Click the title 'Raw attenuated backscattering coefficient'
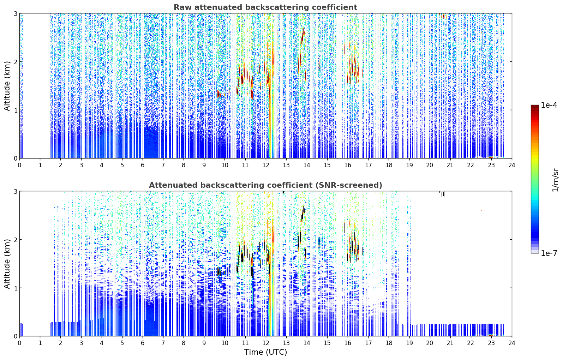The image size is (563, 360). (x=265, y=7)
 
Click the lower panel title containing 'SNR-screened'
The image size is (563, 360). (x=265, y=185)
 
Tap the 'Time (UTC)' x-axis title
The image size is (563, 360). (x=265, y=352)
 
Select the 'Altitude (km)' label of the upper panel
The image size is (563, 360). (x=7, y=86)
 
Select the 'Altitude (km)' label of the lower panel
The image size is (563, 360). (x=7, y=264)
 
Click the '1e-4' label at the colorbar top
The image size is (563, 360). (x=549, y=105)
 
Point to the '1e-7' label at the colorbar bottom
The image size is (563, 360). (x=549, y=253)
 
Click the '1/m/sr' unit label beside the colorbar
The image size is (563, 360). (x=555, y=180)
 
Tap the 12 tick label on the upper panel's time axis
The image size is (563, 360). (x=266, y=165)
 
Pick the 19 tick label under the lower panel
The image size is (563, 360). (x=409, y=343)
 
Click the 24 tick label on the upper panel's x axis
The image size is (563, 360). (x=512, y=165)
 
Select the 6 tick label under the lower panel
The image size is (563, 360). (x=143, y=343)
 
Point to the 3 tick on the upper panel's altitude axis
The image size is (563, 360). (x=16, y=13)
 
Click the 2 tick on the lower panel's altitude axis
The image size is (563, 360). (x=16, y=240)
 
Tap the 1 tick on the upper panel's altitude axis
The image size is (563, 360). (x=16, y=110)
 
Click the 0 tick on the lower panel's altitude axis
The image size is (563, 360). (x=16, y=336)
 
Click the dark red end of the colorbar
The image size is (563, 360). (x=535, y=107)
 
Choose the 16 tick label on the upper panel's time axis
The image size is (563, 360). (x=348, y=165)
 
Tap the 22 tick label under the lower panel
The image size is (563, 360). (x=471, y=343)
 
